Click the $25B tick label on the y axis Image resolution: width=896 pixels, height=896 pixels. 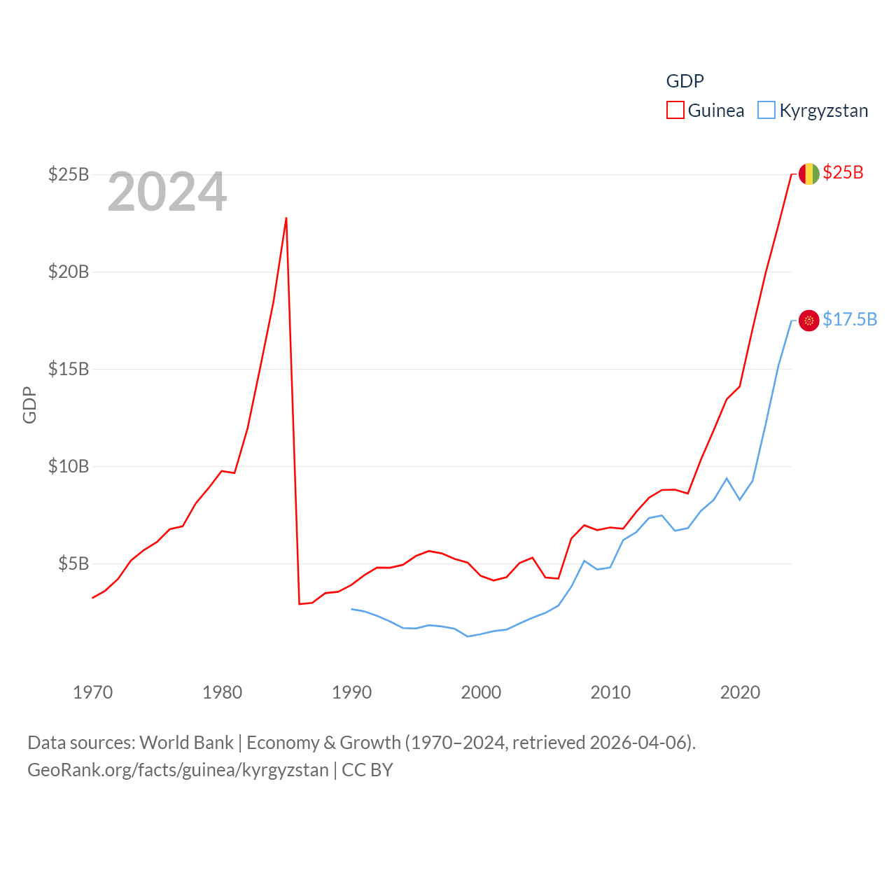click(x=69, y=174)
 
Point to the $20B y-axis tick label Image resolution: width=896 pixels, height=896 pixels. click(x=69, y=272)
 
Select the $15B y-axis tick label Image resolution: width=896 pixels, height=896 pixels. click(x=69, y=369)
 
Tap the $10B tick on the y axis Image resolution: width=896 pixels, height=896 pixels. click(x=69, y=466)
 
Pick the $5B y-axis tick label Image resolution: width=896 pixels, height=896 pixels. click(x=73, y=563)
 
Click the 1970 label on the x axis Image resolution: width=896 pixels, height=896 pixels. click(x=92, y=692)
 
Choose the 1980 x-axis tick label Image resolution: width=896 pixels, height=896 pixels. click(x=222, y=692)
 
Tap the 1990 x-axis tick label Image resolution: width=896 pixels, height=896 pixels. click(x=351, y=692)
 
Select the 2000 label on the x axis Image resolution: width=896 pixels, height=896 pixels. click(x=481, y=692)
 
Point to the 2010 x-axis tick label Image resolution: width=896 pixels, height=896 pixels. click(x=610, y=692)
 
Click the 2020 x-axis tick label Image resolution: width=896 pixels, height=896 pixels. click(x=740, y=692)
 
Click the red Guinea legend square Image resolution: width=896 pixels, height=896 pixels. click(x=675, y=111)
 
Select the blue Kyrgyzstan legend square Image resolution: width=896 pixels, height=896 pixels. click(x=766, y=111)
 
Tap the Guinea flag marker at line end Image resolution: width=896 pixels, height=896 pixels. click(x=808, y=174)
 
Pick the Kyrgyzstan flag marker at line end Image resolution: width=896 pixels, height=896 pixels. click(x=808, y=321)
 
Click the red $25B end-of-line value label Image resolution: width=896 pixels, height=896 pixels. click(x=843, y=173)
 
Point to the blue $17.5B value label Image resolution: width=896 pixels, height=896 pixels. click(x=850, y=320)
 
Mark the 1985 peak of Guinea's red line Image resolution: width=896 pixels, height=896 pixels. click(x=286, y=218)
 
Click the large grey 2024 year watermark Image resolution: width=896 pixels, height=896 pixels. click(x=167, y=192)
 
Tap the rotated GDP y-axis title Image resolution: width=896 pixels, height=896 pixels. click(x=29, y=405)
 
